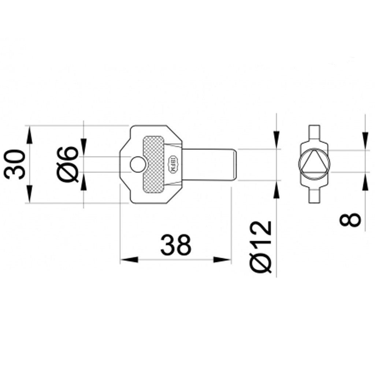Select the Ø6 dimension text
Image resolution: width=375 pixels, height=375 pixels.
click(x=68, y=164)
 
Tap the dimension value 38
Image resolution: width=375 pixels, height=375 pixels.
click(x=176, y=244)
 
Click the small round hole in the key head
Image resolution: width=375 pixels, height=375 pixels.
click(x=137, y=164)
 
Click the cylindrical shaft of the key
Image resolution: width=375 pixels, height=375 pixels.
click(x=209, y=164)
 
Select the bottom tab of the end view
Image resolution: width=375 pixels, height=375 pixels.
click(x=315, y=197)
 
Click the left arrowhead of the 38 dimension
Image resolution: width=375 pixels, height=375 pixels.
click(x=129, y=260)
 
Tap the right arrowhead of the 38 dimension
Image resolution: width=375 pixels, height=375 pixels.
click(x=223, y=260)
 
